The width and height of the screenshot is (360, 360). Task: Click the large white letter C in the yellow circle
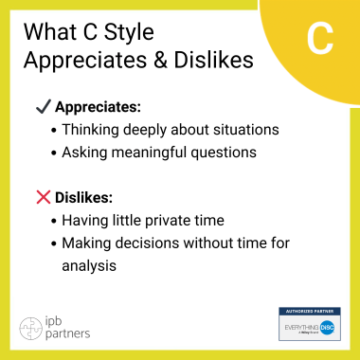321,39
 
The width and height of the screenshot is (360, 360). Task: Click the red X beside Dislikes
43,198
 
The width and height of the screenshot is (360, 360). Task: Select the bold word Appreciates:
99,106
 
